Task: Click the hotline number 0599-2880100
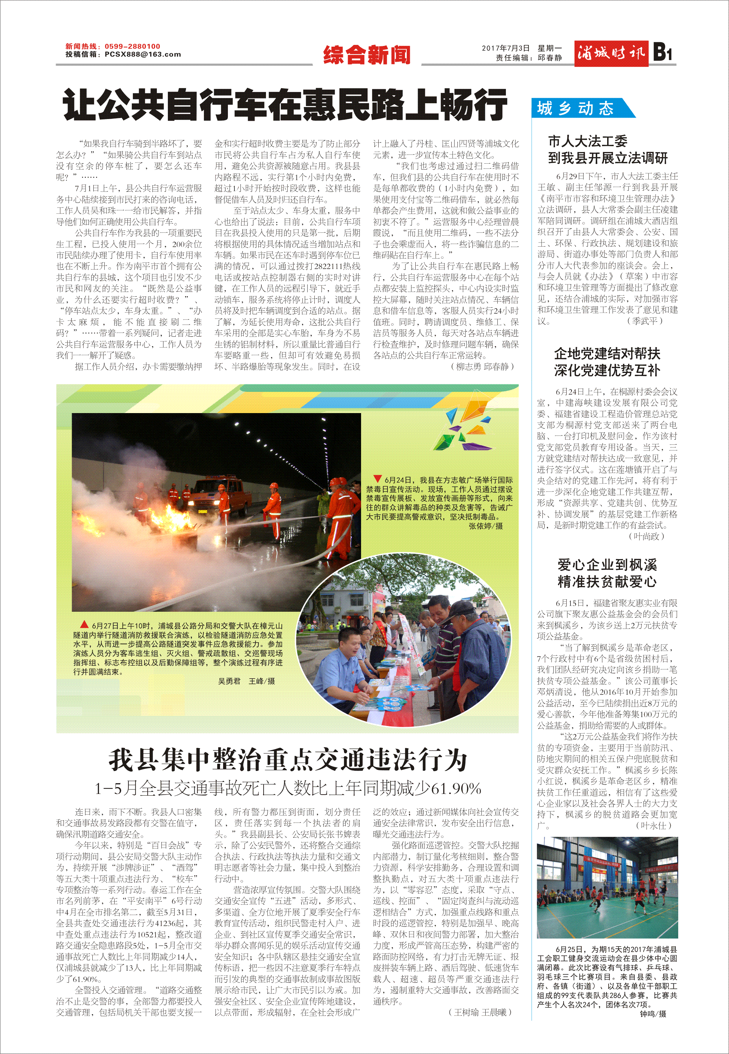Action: coord(132,46)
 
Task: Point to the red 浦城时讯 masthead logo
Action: coord(611,54)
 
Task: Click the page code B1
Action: coord(663,52)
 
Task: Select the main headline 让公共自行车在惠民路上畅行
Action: coord(285,105)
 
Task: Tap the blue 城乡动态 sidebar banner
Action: coord(576,109)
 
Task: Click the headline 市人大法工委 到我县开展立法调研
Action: coord(607,150)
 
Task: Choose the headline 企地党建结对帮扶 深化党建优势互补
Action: coord(607,362)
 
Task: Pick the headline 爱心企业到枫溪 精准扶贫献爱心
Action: coord(607,573)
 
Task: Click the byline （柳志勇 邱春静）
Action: coord(482,366)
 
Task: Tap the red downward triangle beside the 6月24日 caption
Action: coord(377,479)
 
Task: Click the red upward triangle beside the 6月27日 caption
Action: coord(84,624)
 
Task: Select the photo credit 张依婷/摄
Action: coord(486,526)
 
